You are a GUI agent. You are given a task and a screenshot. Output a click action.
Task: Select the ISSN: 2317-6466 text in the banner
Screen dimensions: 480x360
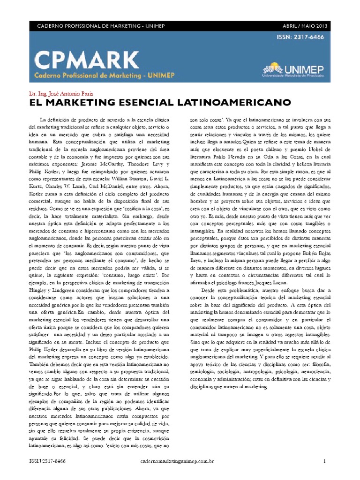coord(302,37)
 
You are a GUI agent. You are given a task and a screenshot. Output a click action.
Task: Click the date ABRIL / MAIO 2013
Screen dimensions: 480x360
coord(305,25)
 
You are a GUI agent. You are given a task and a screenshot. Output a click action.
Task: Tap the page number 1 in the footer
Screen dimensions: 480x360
coord(324,461)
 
